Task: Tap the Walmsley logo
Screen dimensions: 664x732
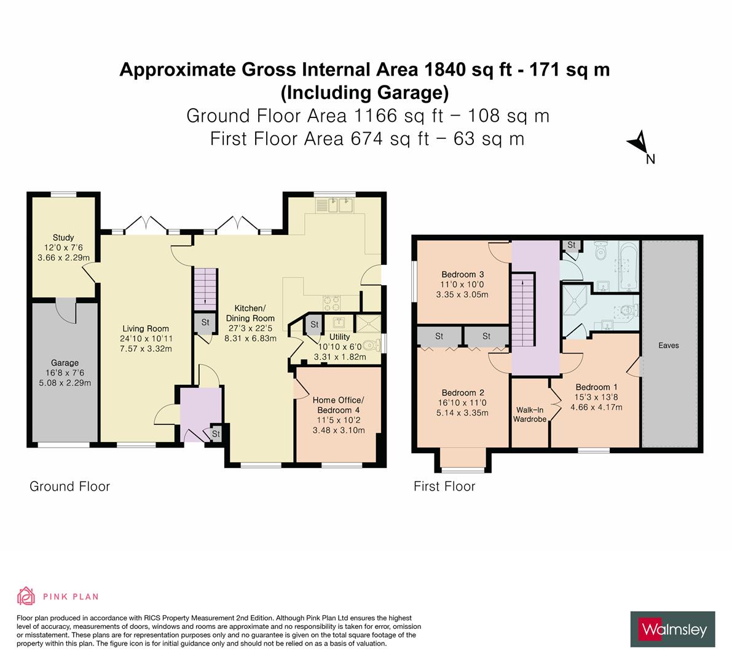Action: click(672, 629)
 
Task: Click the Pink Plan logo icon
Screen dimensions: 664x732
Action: click(26, 596)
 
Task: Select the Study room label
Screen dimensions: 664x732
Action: click(63, 237)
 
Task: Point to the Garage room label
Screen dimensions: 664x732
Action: click(65, 363)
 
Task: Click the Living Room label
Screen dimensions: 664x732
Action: click(145, 328)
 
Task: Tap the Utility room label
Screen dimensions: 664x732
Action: click(339, 337)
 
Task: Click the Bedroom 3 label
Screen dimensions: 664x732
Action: click(462, 274)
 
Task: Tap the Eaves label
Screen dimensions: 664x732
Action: click(668, 346)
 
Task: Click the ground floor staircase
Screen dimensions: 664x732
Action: click(206, 290)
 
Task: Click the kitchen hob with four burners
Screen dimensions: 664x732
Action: click(333, 302)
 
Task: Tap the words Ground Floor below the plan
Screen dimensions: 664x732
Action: click(69, 486)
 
